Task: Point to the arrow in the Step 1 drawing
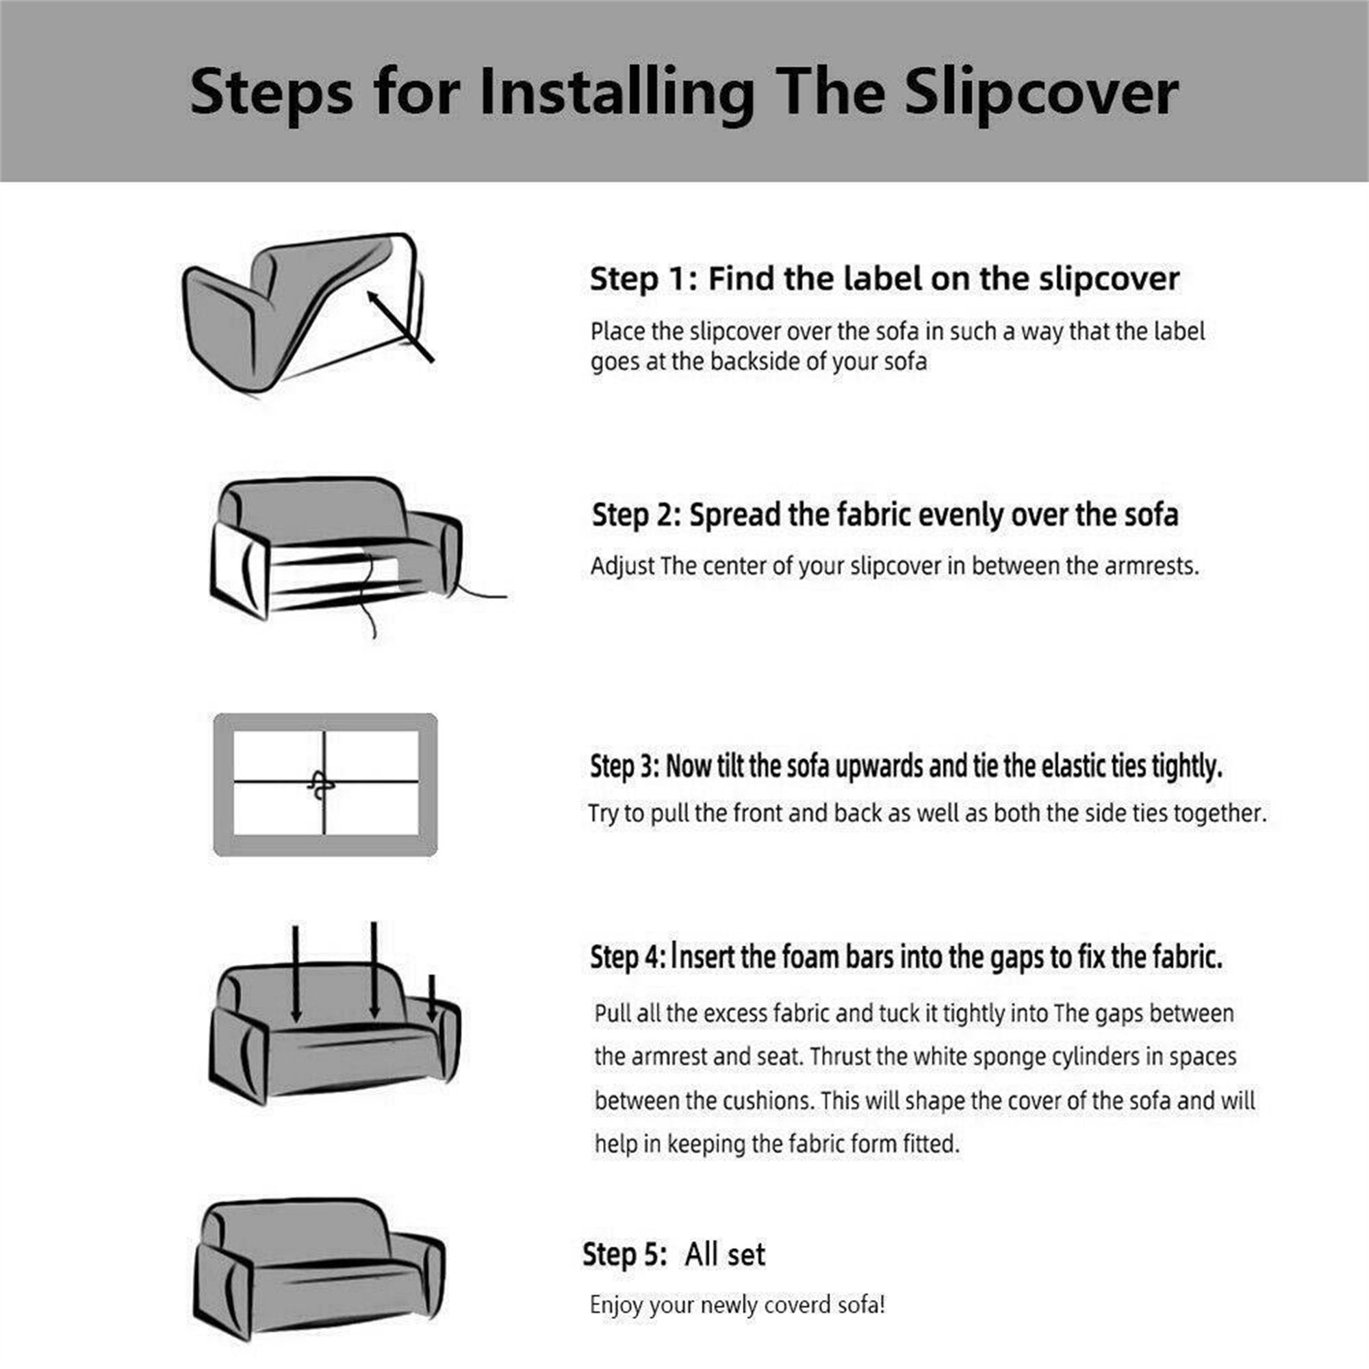click(x=400, y=326)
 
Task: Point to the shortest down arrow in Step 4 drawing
click(x=431, y=999)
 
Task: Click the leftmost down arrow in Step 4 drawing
click(x=296, y=973)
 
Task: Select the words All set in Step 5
click(x=724, y=1254)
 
